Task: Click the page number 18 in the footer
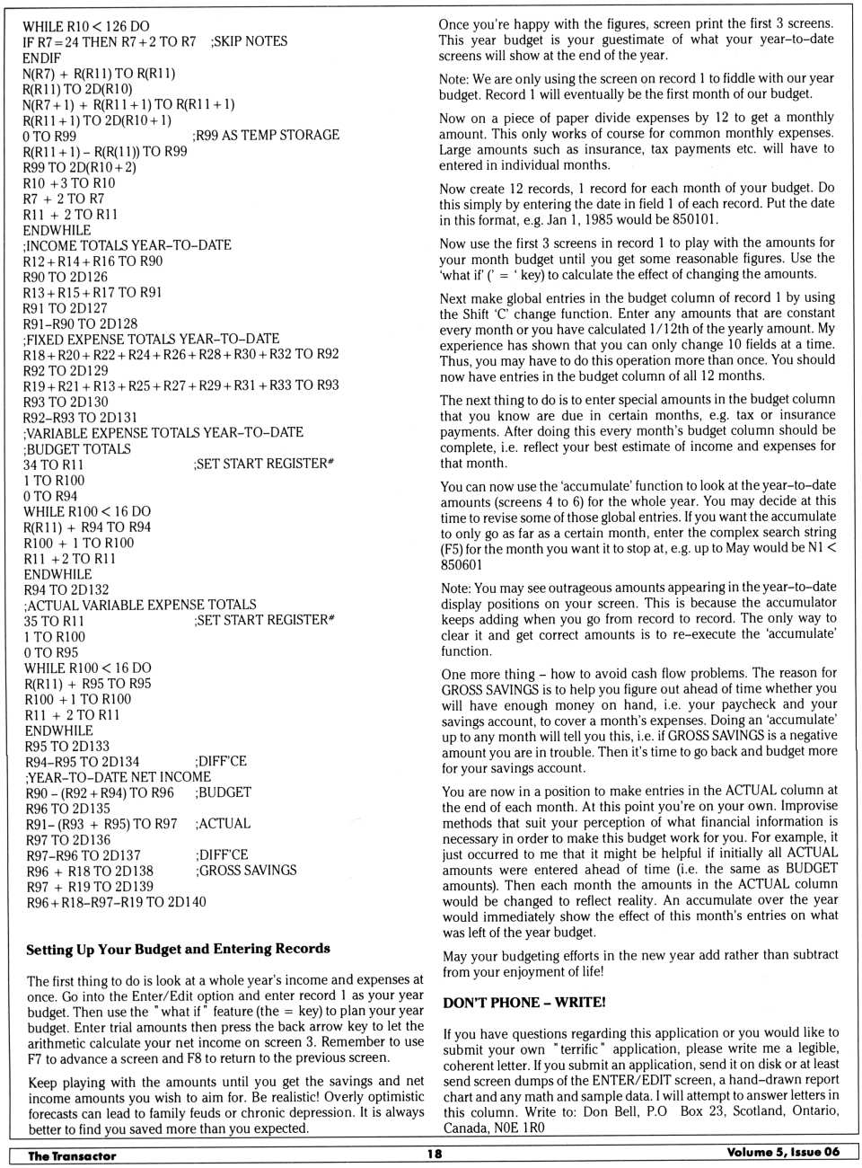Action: pyautogui.click(x=435, y=1154)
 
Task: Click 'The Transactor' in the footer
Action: pyautogui.click(x=72, y=1155)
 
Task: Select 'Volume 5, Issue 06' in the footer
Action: pyautogui.click(x=783, y=1152)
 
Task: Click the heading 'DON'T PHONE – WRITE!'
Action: pyautogui.click(x=523, y=1002)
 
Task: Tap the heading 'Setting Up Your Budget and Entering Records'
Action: pyautogui.click(x=178, y=949)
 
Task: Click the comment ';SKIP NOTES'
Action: pyautogui.click(x=249, y=41)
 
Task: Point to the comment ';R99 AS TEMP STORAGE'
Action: pyautogui.click(x=266, y=135)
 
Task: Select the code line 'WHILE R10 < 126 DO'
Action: pyautogui.click(x=86, y=26)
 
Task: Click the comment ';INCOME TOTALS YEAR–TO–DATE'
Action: pyautogui.click(x=128, y=245)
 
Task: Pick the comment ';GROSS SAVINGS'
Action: pyautogui.click(x=246, y=870)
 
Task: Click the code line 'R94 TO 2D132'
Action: pyautogui.click(x=66, y=589)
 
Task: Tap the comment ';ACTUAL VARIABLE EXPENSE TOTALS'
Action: pyautogui.click(x=140, y=605)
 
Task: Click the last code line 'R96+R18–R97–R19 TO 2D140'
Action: pyautogui.click(x=116, y=901)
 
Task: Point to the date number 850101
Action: pyautogui.click(x=693, y=219)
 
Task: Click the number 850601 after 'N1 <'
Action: pyautogui.click(x=462, y=564)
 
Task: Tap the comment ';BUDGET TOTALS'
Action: pyautogui.click(x=77, y=448)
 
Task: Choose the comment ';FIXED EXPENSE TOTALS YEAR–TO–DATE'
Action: pyautogui.click(x=151, y=339)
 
